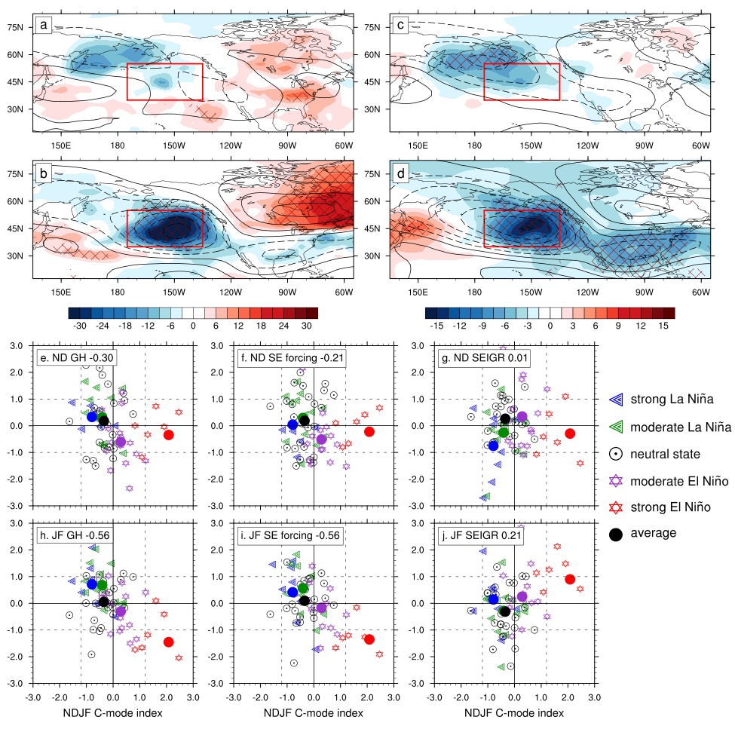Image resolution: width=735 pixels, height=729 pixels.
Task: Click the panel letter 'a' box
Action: click(x=44, y=26)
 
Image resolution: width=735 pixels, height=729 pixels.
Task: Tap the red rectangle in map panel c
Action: click(x=521, y=81)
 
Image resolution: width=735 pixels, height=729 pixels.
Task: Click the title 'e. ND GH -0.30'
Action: click(x=76, y=358)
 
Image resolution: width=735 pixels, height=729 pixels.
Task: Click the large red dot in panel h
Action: click(x=168, y=642)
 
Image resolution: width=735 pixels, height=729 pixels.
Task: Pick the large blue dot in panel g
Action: click(x=493, y=446)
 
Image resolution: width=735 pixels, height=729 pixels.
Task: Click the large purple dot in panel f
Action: click(x=322, y=439)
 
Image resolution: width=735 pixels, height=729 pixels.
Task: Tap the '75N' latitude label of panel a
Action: click(x=16, y=26)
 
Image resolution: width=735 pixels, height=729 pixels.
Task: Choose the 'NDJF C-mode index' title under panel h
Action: click(x=112, y=712)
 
